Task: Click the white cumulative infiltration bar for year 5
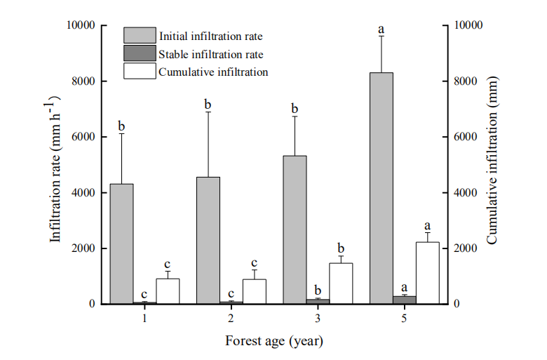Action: click(427, 273)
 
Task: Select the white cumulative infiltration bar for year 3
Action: click(341, 284)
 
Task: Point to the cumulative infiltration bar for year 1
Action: click(168, 291)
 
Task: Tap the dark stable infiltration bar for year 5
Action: click(405, 300)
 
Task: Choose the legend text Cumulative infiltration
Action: click(213, 72)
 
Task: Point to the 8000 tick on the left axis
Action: click(83, 81)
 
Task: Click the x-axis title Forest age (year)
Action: click(274, 342)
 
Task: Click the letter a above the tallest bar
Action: click(381, 29)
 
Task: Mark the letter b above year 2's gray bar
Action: click(208, 105)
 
